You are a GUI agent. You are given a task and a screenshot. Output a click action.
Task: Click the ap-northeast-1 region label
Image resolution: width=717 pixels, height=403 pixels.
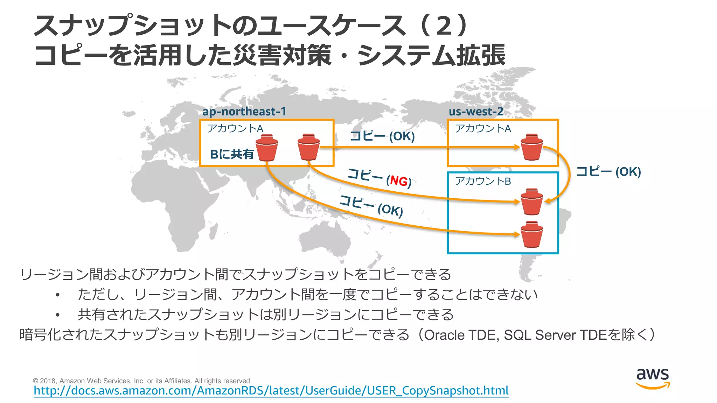click(244, 112)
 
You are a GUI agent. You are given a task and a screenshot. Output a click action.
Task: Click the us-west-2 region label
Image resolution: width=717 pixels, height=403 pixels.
click(476, 112)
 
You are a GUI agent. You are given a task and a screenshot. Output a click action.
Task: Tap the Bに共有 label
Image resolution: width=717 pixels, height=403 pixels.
click(231, 154)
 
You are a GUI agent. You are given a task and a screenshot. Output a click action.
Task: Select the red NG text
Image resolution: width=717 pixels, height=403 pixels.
click(399, 181)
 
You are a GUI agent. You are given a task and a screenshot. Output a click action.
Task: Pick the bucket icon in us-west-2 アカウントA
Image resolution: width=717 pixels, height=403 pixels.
click(531, 147)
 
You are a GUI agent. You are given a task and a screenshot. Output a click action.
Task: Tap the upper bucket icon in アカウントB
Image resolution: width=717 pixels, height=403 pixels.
click(531, 202)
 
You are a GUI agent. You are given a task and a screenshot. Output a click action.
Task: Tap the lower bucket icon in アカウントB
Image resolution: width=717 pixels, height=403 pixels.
click(531, 234)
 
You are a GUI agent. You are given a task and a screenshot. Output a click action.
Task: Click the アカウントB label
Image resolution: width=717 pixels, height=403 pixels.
click(483, 181)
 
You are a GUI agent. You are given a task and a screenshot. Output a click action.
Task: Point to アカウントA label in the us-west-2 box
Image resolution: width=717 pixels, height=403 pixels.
click(483, 129)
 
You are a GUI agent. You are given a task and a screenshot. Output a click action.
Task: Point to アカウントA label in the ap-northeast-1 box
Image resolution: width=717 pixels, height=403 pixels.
click(235, 129)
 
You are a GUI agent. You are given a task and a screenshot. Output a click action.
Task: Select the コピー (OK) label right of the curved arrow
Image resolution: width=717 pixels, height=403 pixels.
click(608, 172)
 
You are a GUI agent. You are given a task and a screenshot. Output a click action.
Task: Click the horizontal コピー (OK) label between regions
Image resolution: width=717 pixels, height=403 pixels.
click(382, 136)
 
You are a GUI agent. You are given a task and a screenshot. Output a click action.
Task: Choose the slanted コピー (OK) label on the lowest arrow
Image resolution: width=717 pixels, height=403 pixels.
click(371, 206)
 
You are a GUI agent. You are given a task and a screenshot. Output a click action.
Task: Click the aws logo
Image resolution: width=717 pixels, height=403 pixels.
click(653, 378)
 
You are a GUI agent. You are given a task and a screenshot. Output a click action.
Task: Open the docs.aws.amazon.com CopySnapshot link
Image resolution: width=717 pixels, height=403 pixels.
click(271, 390)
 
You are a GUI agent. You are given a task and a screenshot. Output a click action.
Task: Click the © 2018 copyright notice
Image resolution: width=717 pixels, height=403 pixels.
click(142, 381)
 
